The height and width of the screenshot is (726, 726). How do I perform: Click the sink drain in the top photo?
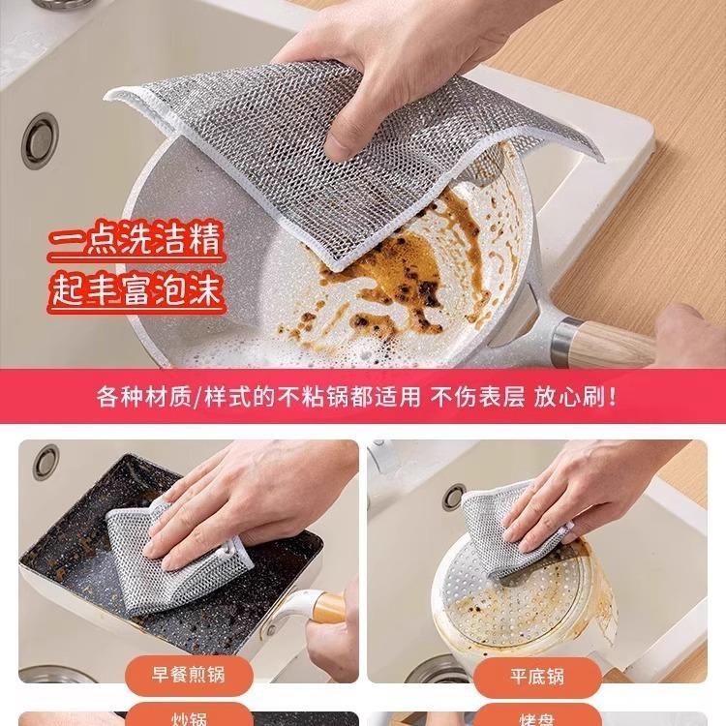pyautogui.click(x=40, y=140)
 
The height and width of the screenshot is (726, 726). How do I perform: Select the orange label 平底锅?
pyautogui.click(x=536, y=674)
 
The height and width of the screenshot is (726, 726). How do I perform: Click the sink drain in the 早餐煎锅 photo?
pyautogui.click(x=45, y=462)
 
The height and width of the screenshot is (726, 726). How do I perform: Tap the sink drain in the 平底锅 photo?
pyautogui.click(x=453, y=497)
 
